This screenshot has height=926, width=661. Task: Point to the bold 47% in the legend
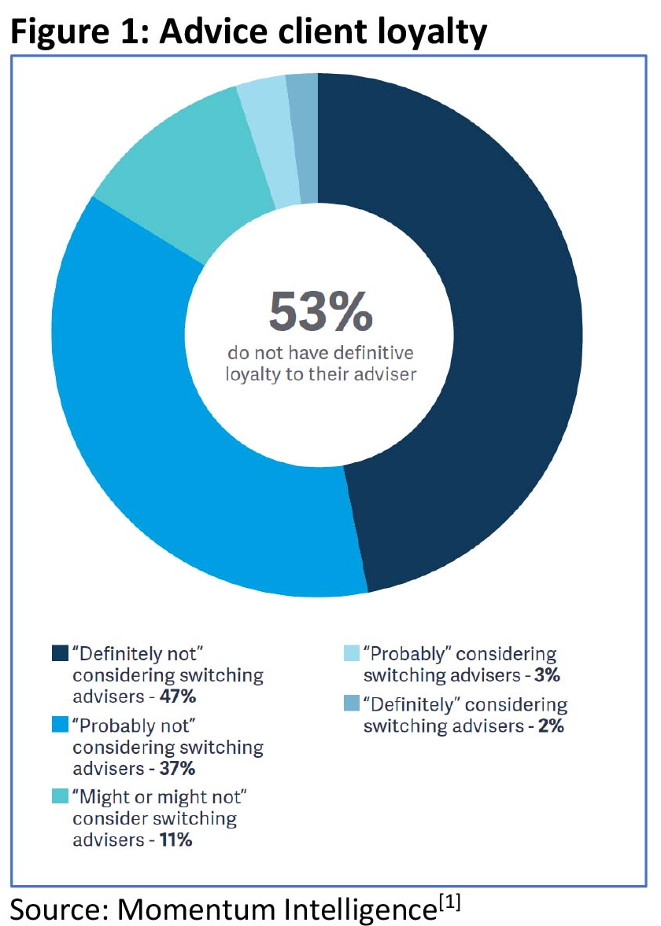click(177, 696)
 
